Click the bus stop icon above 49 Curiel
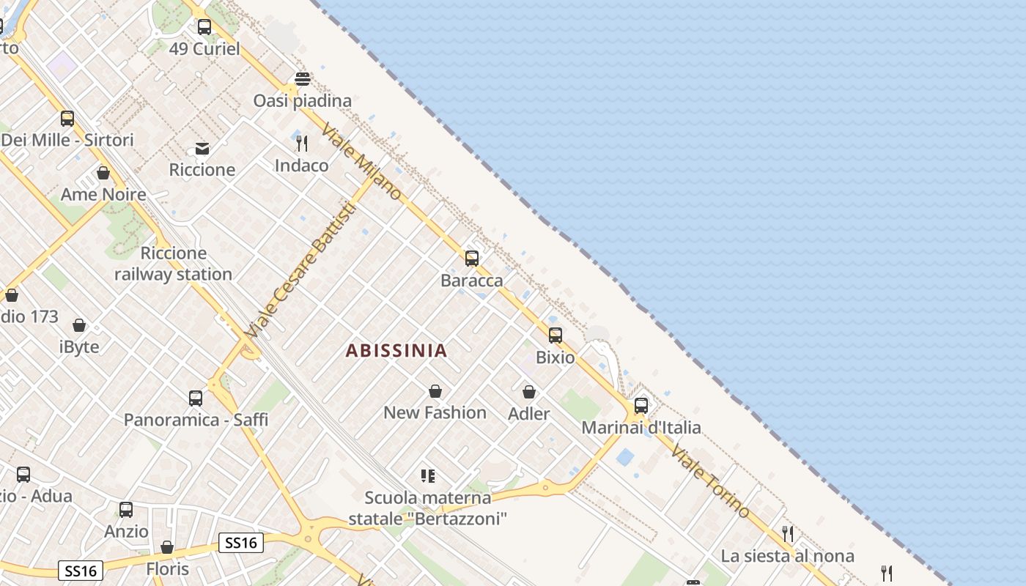(x=204, y=27)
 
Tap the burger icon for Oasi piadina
(x=303, y=78)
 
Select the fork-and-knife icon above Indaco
(x=302, y=143)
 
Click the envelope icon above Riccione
(x=202, y=149)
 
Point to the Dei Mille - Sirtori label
(x=67, y=140)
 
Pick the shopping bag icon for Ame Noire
(x=103, y=173)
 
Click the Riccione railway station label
(x=173, y=264)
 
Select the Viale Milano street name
(x=361, y=160)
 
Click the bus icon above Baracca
(x=472, y=258)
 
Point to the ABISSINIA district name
(x=396, y=350)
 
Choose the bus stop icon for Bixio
(x=556, y=335)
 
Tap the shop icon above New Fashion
(x=435, y=391)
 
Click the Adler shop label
(x=528, y=414)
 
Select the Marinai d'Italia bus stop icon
(x=641, y=405)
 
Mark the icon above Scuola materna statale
(x=428, y=476)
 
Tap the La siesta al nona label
(x=787, y=556)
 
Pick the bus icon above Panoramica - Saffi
(x=196, y=398)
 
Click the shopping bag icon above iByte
(x=79, y=325)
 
